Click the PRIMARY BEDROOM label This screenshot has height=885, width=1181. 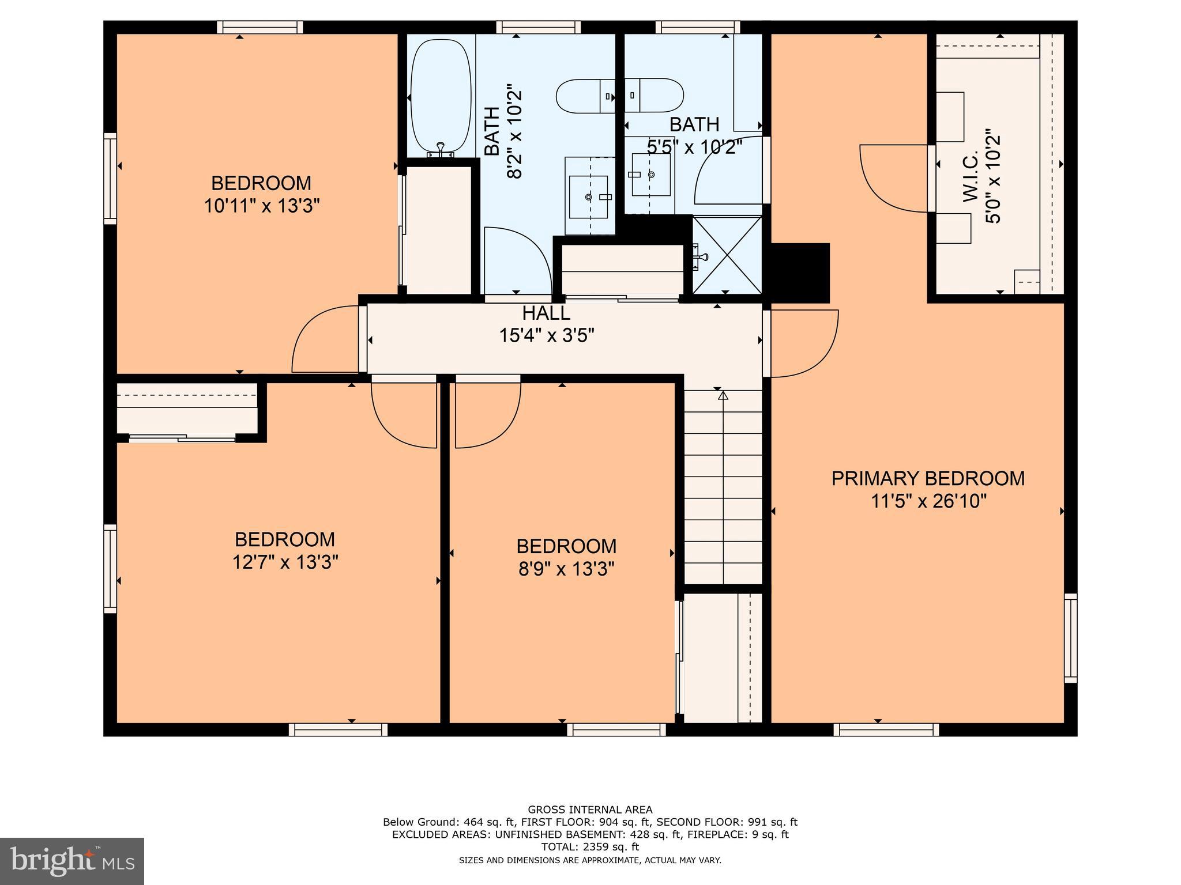pos(928,478)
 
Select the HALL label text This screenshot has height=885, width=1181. pos(546,313)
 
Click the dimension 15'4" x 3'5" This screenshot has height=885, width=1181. pos(546,335)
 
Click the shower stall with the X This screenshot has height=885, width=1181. pos(727,254)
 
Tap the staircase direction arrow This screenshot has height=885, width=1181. pos(723,395)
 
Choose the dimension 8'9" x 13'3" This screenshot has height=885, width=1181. pos(566,569)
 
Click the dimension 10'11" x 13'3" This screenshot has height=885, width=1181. pos(261,206)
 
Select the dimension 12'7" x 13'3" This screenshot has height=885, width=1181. pos(285,562)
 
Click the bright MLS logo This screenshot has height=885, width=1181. pos(72,861)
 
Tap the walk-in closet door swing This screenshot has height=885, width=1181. pos(891,179)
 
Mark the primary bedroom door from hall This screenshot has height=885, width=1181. pos(803,344)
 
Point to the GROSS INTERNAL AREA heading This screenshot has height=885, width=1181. pos(590,810)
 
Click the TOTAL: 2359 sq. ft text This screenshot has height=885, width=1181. pos(590,847)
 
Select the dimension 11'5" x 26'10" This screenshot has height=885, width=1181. pos(928,501)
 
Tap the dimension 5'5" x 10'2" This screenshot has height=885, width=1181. pos(694,147)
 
